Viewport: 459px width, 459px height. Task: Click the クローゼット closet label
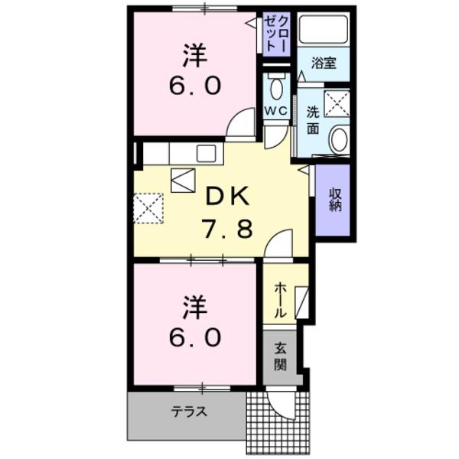277,34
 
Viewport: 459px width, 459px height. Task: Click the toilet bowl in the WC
276,91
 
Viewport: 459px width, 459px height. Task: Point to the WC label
275,112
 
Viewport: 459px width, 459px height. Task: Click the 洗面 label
314,119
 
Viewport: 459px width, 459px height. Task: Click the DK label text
226,197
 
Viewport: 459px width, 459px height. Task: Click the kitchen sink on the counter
205,153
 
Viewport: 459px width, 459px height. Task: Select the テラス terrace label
188,412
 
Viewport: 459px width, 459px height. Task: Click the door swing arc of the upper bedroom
243,122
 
